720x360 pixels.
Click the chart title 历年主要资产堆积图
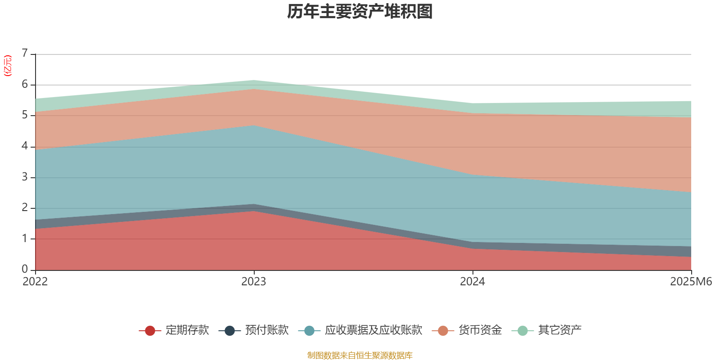(x=360, y=12)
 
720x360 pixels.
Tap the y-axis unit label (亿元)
(x=8, y=66)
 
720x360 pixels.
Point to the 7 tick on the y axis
(x=25, y=54)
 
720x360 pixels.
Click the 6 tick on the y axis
(x=25, y=85)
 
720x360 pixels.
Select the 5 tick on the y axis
(x=25, y=115)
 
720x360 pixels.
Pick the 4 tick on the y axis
(x=25, y=146)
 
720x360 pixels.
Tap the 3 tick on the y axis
(x=25, y=177)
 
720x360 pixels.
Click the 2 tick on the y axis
(x=25, y=208)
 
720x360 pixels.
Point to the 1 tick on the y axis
(x=25, y=238)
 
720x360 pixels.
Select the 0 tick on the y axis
(x=25, y=269)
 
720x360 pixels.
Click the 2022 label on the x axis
(x=35, y=282)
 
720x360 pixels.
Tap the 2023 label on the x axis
(x=254, y=282)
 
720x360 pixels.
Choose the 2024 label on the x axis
(x=472, y=282)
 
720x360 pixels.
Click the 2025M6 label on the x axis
(x=691, y=282)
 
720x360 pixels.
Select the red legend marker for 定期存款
(x=150, y=331)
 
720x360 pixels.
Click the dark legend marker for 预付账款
(x=230, y=331)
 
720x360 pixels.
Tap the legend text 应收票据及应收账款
(x=373, y=330)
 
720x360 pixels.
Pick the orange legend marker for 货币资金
(x=443, y=331)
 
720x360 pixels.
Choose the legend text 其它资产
(x=560, y=330)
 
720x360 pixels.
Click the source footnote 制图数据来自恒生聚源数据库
(x=360, y=355)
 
